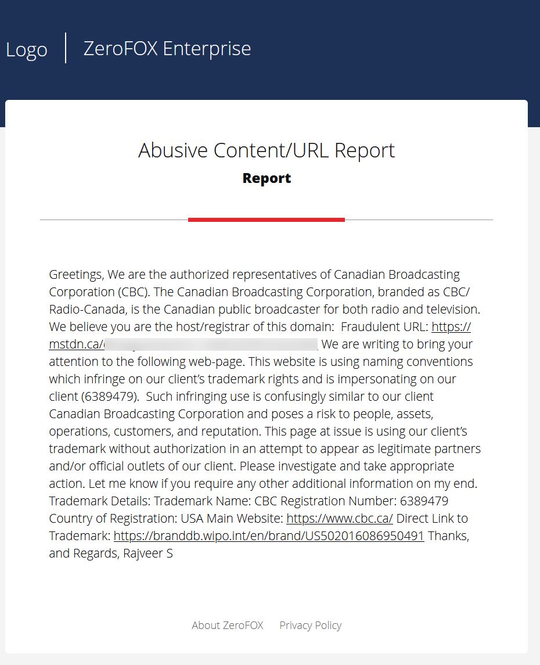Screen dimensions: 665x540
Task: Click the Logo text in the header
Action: [x=27, y=49]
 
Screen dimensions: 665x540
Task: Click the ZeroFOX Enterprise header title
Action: [x=167, y=48]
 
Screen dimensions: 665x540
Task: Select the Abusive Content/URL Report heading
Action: [x=267, y=150]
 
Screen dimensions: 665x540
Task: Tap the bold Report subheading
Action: [x=267, y=178]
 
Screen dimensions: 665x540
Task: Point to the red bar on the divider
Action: [x=267, y=220]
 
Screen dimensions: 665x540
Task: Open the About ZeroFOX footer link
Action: [x=228, y=626]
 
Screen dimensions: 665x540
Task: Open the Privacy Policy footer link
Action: [x=311, y=626]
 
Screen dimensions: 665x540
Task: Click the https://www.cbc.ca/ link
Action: [x=340, y=519]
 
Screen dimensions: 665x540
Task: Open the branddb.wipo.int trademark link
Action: [x=269, y=536]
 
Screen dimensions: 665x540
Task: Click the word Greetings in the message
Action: [x=76, y=275]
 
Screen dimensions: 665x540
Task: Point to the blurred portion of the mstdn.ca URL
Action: [x=211, y=344]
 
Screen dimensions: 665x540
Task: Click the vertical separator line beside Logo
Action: [x=66, y=48]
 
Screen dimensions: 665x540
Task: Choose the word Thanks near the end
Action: [x=447, y=536]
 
